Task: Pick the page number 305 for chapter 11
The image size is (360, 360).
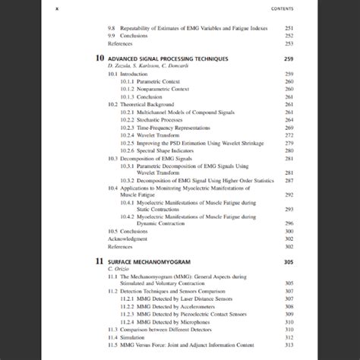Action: [x=288, y=261]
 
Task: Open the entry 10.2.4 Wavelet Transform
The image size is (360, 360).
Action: [x=152, y=135]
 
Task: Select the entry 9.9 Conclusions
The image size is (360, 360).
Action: [x=131, y=36]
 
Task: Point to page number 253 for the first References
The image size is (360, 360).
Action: [x=289, y=43]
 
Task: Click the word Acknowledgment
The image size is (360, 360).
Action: [x=128, y=238]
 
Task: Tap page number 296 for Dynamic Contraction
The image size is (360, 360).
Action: [x=289, y=223]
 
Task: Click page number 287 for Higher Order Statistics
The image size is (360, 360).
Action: [x=289, y=181]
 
